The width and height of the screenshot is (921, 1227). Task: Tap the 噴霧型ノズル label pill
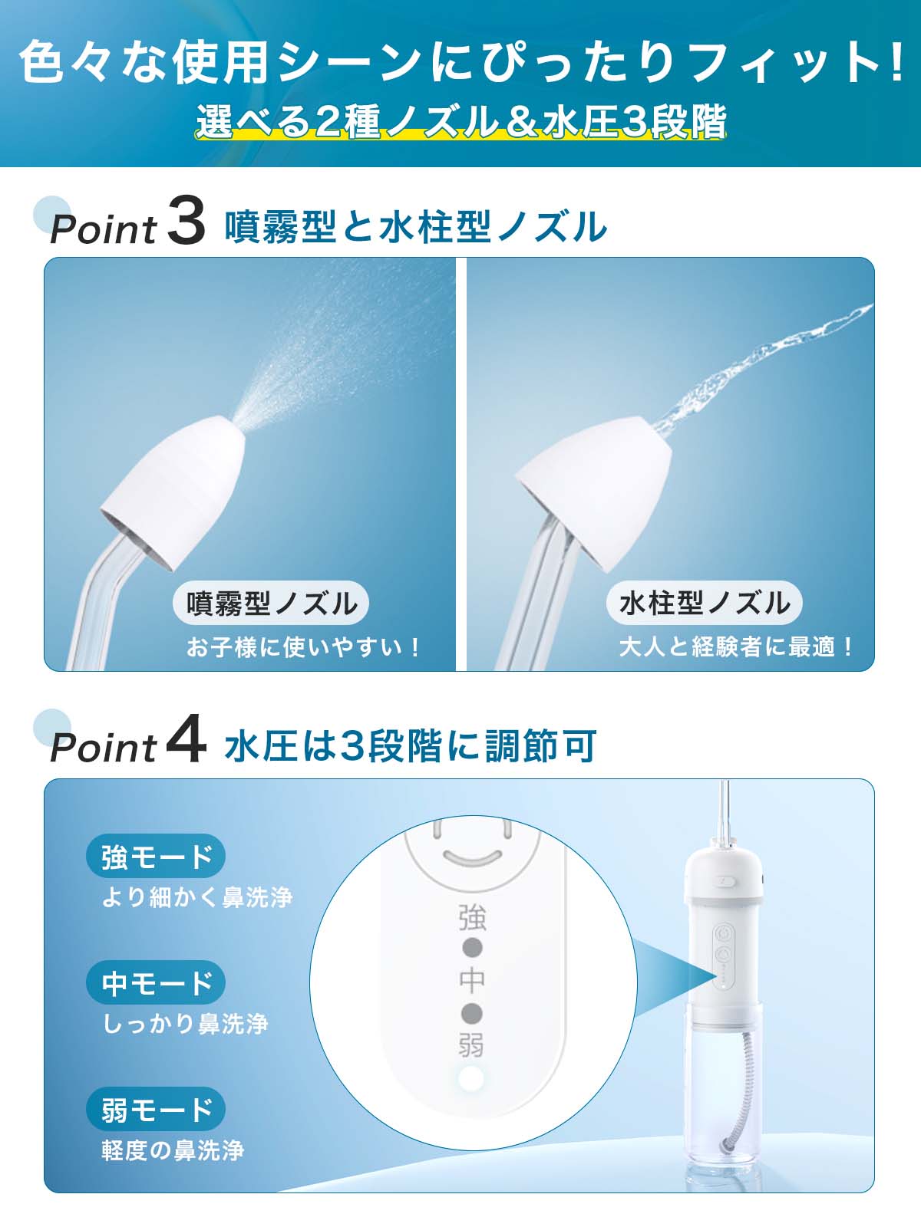tap(271, 603)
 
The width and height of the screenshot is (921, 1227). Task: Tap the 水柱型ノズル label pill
tap(704, 603)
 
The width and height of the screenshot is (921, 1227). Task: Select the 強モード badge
tap(156, 856)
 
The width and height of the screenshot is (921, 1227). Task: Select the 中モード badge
tap(156, 982)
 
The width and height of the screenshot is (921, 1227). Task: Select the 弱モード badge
tap(156, 1108)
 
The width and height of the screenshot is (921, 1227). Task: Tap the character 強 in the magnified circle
tap(473, 917)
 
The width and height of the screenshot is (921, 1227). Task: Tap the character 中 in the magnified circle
tap(473, 980)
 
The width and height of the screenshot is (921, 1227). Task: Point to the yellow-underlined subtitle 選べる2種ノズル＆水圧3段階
tap(461, 121)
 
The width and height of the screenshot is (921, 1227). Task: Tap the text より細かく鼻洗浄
tap(197, 897)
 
